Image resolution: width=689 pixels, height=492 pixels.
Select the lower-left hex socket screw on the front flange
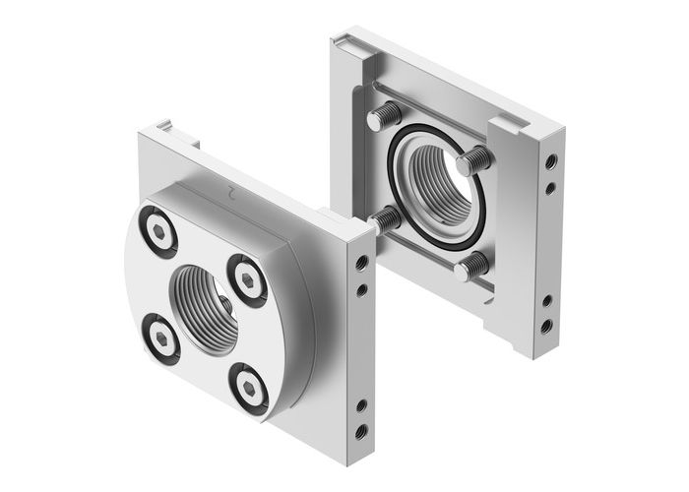161,334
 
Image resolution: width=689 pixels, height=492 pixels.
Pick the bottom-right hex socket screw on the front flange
250,385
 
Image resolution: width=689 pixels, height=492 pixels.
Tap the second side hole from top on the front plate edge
364,289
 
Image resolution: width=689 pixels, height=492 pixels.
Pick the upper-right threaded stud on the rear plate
470,157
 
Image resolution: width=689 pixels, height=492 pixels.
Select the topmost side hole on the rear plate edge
549,159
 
